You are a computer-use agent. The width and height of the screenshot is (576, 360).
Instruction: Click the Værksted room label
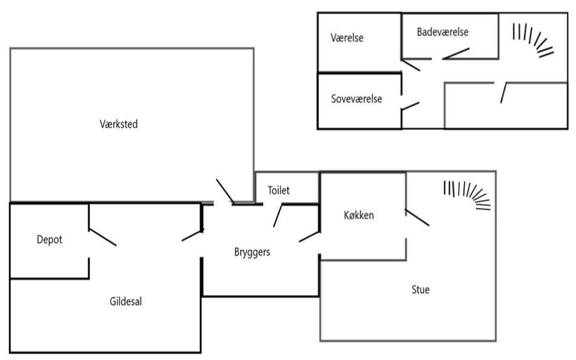[x=119, y=124]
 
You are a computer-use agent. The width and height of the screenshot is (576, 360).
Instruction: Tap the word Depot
[x=50, y=240]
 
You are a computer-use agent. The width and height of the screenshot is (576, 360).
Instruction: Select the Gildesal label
[x=125, y=302]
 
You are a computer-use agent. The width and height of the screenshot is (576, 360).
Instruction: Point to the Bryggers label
[x=252, y=252]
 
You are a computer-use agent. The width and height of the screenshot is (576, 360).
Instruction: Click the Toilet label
[x=279, y=190]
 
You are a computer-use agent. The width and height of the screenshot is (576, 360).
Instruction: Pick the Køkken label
[x=359, y=215]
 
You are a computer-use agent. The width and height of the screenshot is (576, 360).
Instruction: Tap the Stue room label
[x=420, y=290]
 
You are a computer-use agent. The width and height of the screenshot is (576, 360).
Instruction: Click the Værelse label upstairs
[x=347, y=38]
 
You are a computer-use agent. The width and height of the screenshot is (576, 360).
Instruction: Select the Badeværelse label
[x=443, y=32]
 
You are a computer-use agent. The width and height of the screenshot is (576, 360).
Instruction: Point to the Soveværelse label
[x=357, y=99]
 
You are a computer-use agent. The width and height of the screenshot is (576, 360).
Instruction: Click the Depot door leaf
[x=103, y=238]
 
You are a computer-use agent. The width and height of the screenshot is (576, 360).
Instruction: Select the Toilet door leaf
[x=278, y=216]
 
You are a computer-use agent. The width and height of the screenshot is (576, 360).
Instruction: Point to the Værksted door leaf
[x=225, y=192]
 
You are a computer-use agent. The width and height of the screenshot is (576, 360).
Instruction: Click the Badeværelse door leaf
[x=456, y=53]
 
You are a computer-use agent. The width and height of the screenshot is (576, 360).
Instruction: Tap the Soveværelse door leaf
[x=410, y=106]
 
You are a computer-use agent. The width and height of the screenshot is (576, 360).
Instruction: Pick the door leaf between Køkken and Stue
[x=417, y=218]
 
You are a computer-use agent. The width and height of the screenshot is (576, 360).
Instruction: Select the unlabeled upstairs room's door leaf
[x=504, y=93]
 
